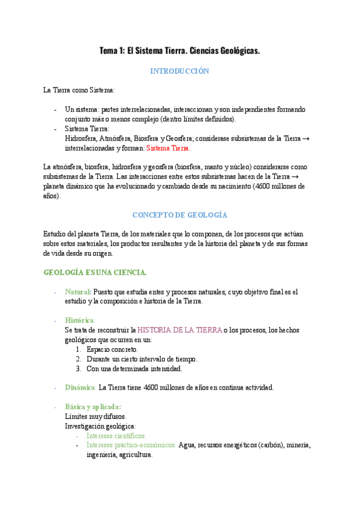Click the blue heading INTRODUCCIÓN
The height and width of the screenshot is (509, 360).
179,71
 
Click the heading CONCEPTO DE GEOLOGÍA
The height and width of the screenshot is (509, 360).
179,214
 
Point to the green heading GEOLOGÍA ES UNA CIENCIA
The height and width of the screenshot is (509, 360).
95,273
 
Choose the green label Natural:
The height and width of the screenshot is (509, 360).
79,292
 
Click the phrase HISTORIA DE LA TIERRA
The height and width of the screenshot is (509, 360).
179,330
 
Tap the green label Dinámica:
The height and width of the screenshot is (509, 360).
80,387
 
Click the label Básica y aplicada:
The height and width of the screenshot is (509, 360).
93,406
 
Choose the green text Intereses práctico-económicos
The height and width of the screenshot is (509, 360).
131,445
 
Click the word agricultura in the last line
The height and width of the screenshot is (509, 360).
136,455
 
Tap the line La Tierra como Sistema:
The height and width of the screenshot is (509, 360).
78,90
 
